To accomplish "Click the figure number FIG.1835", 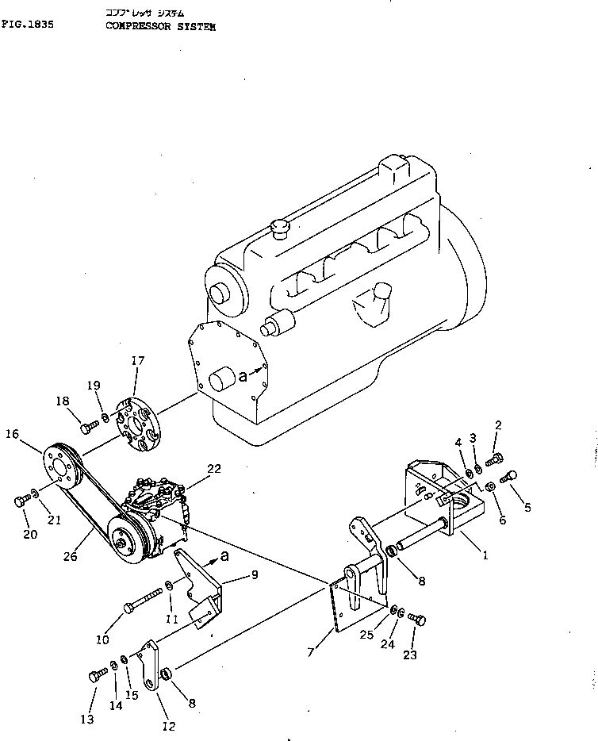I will (x=28, y=25).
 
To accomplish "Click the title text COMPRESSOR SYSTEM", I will (x=159, y=25).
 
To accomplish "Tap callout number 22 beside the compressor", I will (x=213, y=469).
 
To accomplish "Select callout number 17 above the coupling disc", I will (x=138, y=362).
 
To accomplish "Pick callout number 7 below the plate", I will (x=311, y=652).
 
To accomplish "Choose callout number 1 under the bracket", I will (x=485, y=555).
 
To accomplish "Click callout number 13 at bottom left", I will (x=86, y=719).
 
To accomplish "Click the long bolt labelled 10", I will (x=144, y=599).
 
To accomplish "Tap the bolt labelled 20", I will (x=21, y=501).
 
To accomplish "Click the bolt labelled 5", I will (x=511, y=474).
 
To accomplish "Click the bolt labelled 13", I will (x=98, y=675).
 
